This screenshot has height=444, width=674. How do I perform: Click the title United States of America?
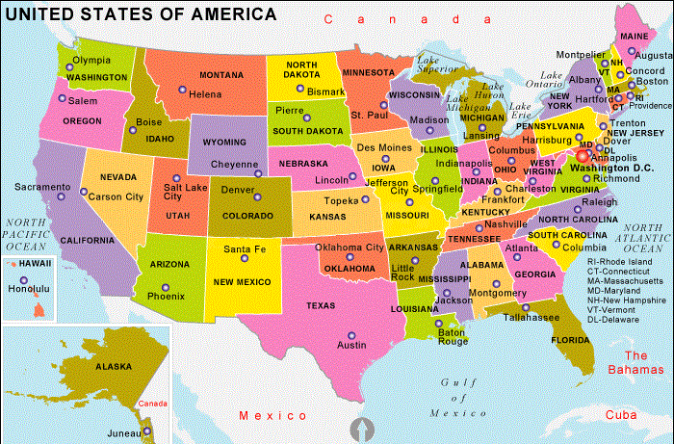coord(141,14)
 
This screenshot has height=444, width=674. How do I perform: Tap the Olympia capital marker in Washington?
coord(66,60)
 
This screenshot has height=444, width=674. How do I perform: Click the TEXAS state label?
coord(321,305)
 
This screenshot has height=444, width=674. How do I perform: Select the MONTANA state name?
coord(221,75)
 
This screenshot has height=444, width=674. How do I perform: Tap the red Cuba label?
coord(621,415)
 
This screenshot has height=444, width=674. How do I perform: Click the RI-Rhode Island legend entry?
coord(621,261)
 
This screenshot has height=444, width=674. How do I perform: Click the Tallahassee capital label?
coord(530,317)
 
